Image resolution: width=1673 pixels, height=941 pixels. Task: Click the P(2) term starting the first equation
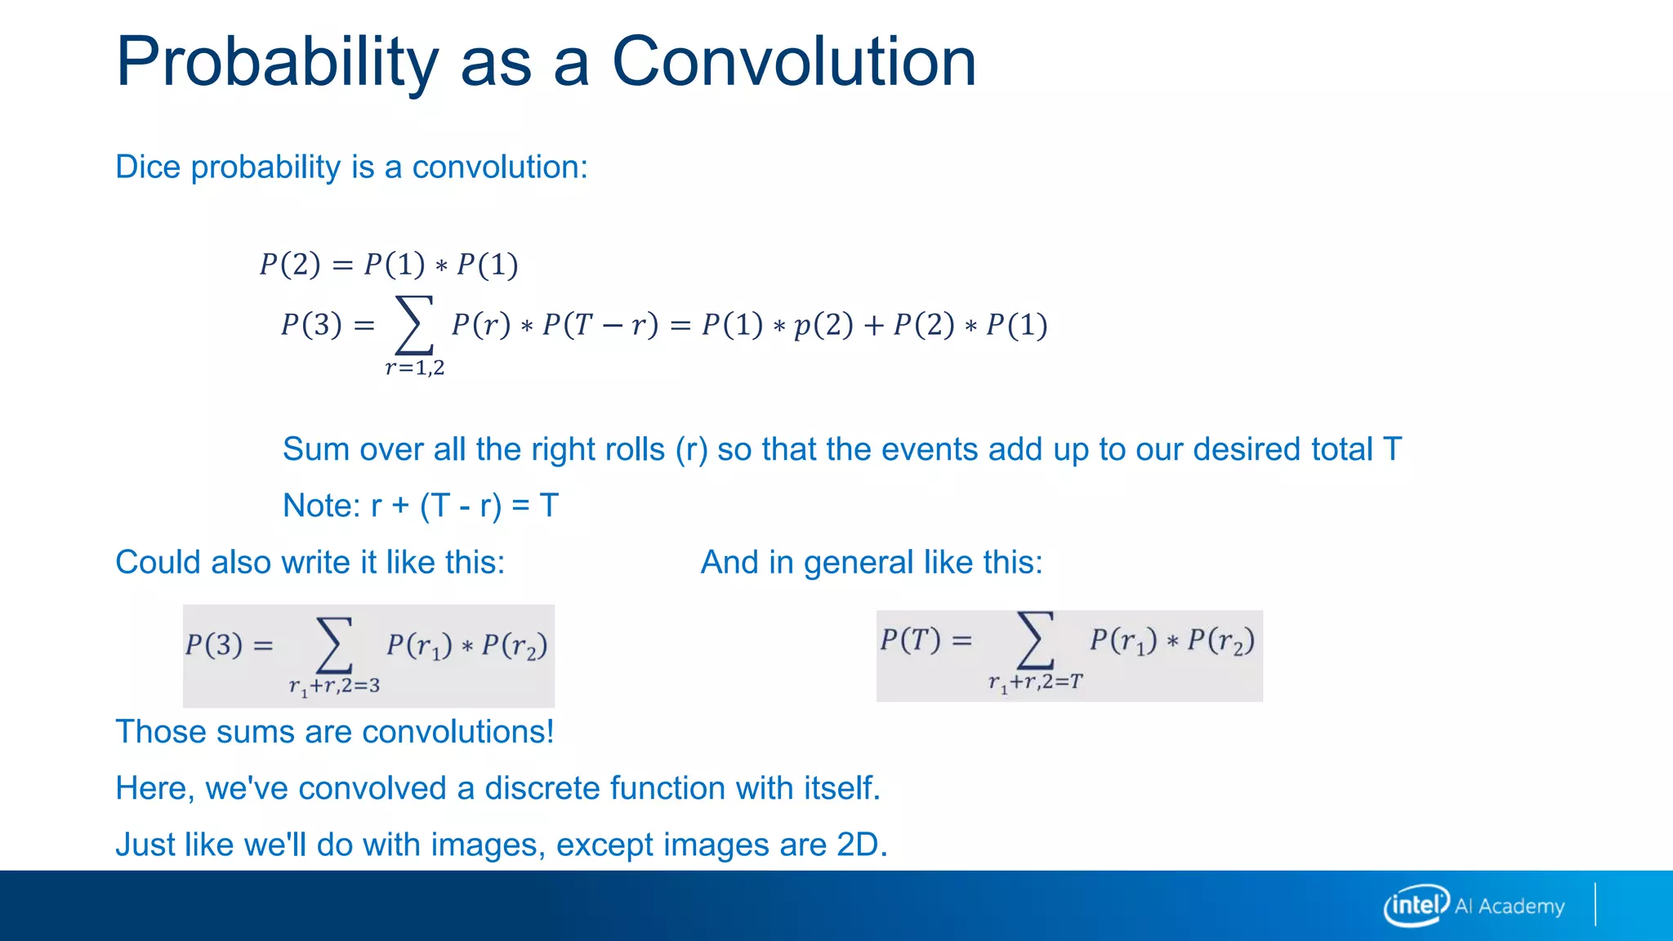pos(290,265)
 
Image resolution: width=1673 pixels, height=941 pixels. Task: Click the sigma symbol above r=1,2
pos(413,325)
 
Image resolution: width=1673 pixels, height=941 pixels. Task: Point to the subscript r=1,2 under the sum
pos(415,368)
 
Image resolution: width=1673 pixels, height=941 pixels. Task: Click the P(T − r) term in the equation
pos(600,325)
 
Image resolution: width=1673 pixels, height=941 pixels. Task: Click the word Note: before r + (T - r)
pos(321,506)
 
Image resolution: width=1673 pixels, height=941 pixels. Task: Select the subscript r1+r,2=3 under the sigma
pos(334,686)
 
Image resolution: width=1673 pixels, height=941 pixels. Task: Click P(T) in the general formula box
pos(910,639)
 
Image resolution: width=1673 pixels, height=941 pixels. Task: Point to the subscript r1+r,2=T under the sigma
pos(1035,682)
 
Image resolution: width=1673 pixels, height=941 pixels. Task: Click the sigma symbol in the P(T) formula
pos(1033,640)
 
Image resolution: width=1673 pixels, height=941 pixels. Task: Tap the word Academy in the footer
pos(1521,907)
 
